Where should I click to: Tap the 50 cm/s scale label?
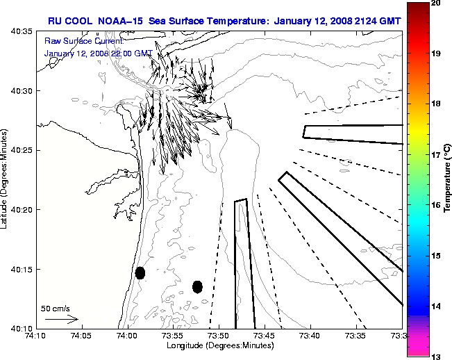[x=56, y=308]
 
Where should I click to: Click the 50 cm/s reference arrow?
[x=61, y=319]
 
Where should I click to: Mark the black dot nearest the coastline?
[x=140, y=272]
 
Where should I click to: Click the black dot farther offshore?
[x=197, y=286]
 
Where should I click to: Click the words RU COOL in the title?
[x=67, y=20]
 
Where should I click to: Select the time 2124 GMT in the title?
[x=362, y=20]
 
